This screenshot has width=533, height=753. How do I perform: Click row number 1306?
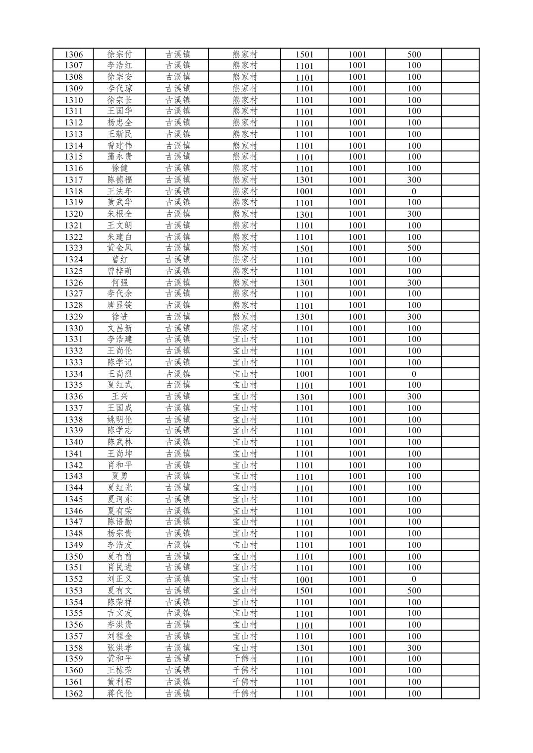pos(73,55)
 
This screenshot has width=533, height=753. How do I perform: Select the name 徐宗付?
pos(119,55)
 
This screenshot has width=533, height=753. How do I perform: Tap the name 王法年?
pos(119,191)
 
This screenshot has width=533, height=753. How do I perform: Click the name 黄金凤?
pos(119,248)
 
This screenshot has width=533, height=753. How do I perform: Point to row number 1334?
pos(73,374)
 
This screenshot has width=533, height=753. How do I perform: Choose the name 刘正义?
pos(119,579)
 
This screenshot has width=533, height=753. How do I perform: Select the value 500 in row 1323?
pos(414,248)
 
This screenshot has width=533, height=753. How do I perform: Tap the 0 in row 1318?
pos(414,191)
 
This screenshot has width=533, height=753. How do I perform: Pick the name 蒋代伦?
pos(119,694)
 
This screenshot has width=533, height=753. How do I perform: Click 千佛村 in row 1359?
pos(245,659)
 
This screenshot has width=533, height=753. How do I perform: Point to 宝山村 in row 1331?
pos(245,340)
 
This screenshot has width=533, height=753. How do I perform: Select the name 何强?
pos(119,283)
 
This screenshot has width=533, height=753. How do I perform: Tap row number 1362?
pos(73,694)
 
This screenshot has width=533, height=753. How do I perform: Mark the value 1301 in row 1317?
pos(304,180)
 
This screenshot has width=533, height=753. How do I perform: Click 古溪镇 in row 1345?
pos(178,499)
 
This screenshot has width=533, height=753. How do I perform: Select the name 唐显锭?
pos(119,305)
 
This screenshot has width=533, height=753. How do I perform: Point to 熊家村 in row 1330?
pos(245,328)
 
